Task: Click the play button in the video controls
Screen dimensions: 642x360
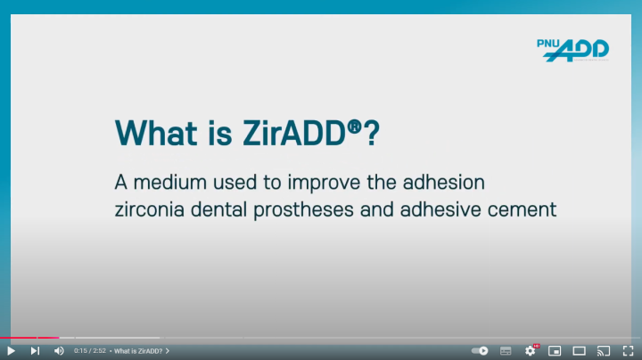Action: pos(11,351)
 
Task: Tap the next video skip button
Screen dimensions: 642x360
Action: pos(35,351)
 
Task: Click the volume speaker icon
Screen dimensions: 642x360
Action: pos(60,351)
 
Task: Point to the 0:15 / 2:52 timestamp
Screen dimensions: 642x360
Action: pos(90,351)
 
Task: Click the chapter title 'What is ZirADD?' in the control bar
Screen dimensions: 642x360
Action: pos(138,351)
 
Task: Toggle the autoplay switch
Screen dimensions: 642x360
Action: pos(480,350)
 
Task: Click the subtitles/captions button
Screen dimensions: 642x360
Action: pos(506,351)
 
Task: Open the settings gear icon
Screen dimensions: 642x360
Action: pos(531,350)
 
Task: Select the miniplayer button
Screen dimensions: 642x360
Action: pos(555,351)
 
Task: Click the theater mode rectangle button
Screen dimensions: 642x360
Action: pos(579,351)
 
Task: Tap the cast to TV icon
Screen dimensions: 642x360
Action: pos(604,351)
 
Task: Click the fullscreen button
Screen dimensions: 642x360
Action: pos(628,351)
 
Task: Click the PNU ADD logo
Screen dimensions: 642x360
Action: pos(572,50)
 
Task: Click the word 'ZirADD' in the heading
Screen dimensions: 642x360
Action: pos(294,133)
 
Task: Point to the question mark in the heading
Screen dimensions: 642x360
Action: pos(372,133)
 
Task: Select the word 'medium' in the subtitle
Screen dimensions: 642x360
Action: pos(170,183)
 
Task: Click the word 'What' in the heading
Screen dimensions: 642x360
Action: pos(156,133)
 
